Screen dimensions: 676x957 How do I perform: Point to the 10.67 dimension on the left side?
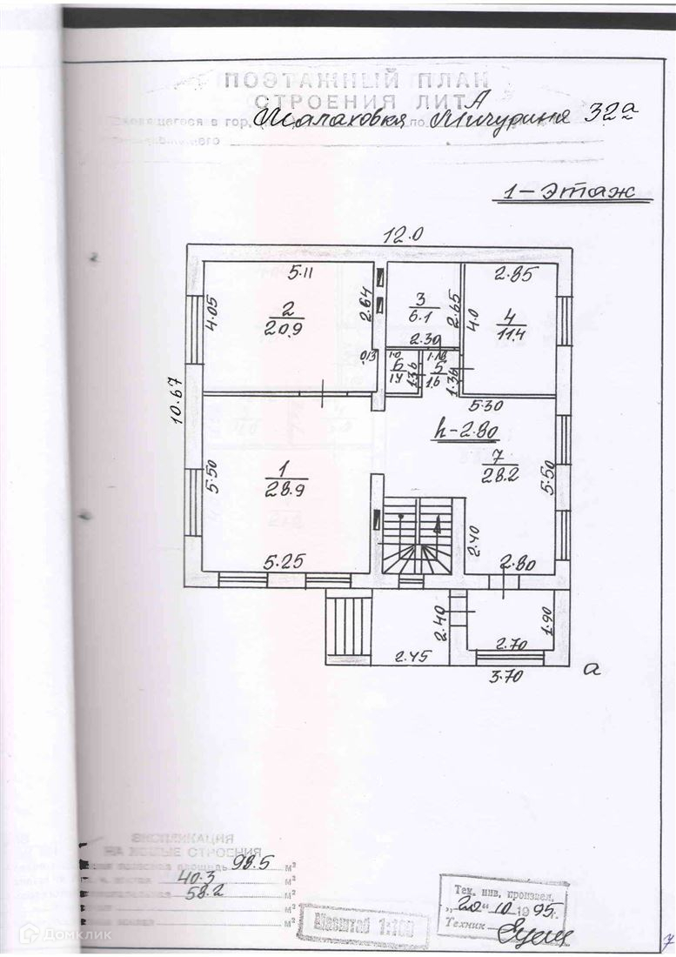[177, 402]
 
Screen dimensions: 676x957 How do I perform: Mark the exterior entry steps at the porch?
[348, 622]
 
